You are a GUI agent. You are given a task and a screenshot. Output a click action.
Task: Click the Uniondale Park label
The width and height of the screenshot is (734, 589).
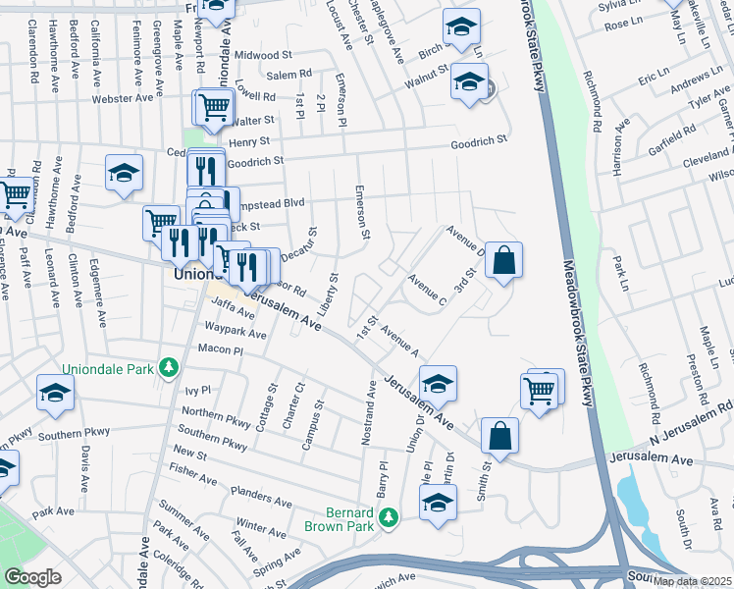tap(108, 369)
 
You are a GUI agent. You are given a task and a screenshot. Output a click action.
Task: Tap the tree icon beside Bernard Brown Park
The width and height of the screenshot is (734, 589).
tap(389, 516)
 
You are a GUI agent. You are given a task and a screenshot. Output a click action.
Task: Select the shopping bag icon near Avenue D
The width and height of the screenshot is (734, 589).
tap(503, 261)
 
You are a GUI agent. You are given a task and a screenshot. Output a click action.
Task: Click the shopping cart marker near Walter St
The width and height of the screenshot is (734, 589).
tap(217, 107)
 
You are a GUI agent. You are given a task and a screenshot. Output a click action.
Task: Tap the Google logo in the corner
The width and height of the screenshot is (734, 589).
tap(32, 577)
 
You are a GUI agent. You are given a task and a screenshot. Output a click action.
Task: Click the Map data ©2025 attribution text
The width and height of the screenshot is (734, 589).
tap(693, 581)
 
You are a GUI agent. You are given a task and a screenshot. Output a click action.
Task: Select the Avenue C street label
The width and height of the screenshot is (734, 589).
tap(429, 289)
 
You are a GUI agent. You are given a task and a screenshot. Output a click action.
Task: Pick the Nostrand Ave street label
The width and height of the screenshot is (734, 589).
tap(371, 412)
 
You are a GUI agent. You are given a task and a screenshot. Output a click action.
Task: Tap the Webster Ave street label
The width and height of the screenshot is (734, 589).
tap(123, 98)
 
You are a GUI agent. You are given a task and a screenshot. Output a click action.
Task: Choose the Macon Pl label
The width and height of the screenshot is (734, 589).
tap(220, 349)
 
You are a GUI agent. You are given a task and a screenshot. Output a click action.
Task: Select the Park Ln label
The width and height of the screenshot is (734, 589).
tap(618, 266)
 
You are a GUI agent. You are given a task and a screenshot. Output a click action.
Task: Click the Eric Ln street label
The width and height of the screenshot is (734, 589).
tap(652, 78)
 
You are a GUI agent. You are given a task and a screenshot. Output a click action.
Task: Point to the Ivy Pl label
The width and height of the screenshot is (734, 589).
tap(197, 391)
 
